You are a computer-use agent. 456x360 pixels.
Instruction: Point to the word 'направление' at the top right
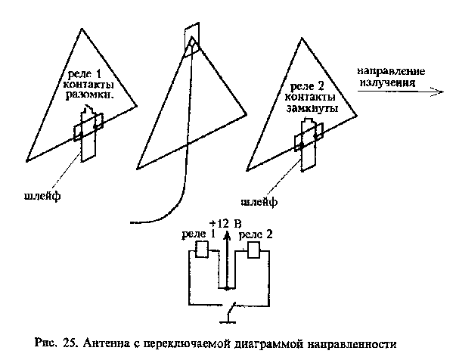[391, 73]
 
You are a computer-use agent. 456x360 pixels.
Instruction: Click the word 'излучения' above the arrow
[386, 84]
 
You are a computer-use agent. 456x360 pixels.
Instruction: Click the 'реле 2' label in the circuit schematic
[256, 236]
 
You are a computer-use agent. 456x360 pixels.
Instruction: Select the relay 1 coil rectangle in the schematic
[202, 250]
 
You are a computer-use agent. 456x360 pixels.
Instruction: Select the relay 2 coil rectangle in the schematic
[255, 250]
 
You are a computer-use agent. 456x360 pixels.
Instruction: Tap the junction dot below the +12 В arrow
[226, 288]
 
